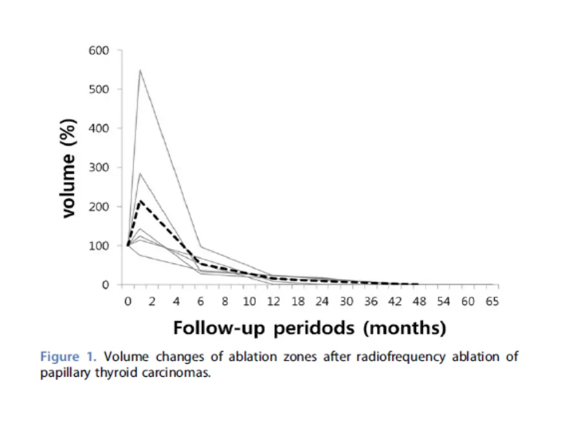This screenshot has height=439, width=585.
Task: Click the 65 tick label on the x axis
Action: point(492,301)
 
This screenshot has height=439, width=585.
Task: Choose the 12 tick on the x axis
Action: point(274,301)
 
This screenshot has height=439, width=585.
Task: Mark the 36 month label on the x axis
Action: point(371,301)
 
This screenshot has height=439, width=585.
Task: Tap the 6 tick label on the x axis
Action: point(201,301)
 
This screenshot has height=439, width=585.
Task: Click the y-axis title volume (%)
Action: point(69,167)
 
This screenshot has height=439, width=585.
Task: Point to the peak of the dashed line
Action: point(140,200)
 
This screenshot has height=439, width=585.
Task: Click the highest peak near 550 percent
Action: point(140,70)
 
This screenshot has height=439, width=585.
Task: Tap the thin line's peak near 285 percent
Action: point(140,173)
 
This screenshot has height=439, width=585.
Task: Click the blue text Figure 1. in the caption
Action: point(69,357)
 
